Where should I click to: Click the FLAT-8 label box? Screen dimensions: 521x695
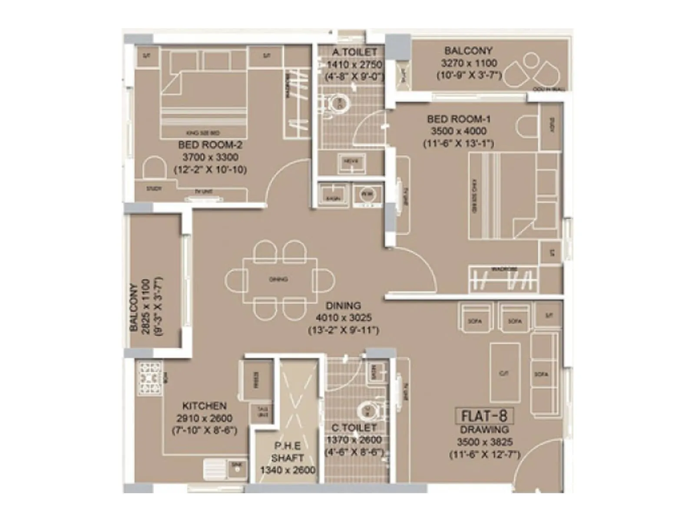click(x=484, y=416)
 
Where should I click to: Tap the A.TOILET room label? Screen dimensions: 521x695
click(x=354, y=52)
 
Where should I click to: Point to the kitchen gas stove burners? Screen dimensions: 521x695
click(x=150, y=378)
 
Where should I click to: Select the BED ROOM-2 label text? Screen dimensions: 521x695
click(x=210, y=145)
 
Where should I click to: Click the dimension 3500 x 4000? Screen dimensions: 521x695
click(x=458, y=131)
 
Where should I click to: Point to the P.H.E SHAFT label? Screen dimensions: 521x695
click(x=287, y=452)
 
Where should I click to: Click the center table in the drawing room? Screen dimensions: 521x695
click(x=505, y=373)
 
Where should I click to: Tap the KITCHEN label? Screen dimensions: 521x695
click(x=204, y=406)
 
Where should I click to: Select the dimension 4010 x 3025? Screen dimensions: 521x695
click(x=343, y=318)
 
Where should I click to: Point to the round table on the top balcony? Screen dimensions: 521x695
click(x=530, y=60)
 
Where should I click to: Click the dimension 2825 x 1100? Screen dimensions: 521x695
click(x=146, y=306)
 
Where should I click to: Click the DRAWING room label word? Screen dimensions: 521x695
click(x=484, y=430)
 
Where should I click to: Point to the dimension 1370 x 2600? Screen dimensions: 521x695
click(x=354, y=440)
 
